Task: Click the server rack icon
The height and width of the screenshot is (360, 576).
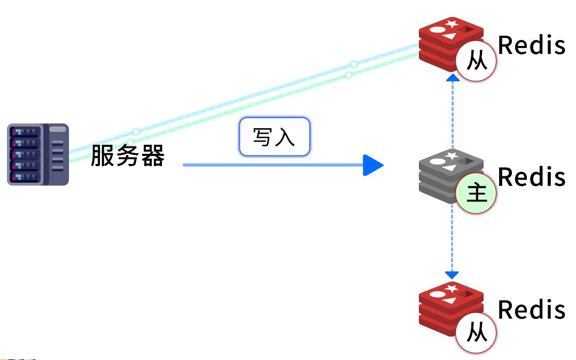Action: (38, 154)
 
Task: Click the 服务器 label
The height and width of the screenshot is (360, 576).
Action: (127, 156)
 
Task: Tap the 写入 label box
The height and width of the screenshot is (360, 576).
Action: (274, 137)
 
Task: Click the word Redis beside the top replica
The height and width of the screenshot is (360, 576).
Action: (531, 45)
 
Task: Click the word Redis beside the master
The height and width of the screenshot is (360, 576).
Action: (531, 177)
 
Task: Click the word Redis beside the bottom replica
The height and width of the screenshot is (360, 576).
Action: (531, 310)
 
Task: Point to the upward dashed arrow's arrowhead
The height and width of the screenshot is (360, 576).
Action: (453, 78)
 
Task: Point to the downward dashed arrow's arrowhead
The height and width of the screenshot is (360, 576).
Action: (452, 275)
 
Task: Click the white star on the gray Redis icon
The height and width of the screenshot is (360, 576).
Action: (452, 155)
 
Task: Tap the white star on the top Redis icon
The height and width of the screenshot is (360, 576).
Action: (452, 24)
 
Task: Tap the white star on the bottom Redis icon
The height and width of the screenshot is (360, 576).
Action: (452, 289)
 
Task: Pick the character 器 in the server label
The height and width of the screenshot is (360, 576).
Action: (153, 156)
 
